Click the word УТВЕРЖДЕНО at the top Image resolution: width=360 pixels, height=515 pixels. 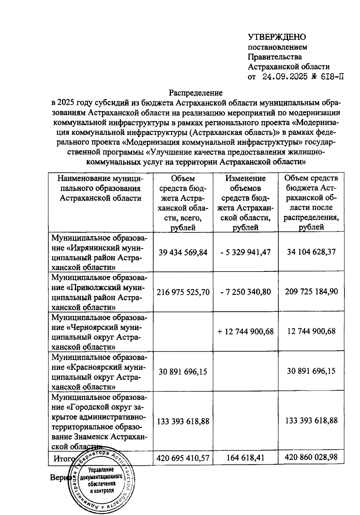pos(277,37)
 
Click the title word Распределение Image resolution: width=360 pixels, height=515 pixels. pos(195,93)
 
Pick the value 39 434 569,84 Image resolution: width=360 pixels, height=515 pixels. pos(183,252)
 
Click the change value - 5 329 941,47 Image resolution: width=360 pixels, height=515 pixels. pos(245,252)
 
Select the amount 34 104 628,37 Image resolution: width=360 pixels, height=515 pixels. pos(311,252)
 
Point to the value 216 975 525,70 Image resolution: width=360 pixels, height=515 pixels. pos(183,292)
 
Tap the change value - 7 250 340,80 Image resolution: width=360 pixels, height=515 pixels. pos(245,292)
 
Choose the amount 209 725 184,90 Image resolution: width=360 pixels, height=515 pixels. pos(311,291)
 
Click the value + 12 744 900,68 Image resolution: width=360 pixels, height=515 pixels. pos(245,331)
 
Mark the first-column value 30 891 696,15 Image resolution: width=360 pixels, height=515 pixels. pos(183,371)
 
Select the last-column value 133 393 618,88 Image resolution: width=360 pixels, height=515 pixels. pos(311,421)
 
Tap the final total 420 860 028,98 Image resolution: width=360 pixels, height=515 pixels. pos(311,457)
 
